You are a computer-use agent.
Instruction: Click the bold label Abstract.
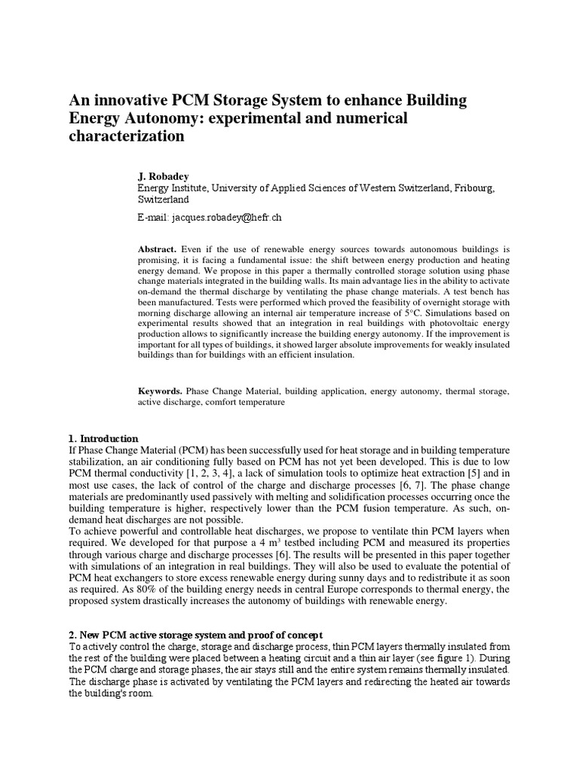(156, 248)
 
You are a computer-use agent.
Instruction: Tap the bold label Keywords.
(160, 392)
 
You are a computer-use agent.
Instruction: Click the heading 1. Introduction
(103, 438)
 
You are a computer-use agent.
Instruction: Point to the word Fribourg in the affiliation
(468, 188)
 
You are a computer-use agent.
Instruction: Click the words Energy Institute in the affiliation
(167, 188)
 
